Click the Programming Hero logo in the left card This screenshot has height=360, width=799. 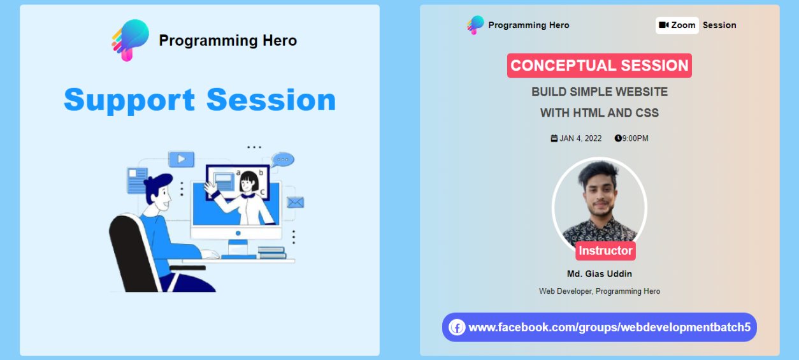tap(130, 40)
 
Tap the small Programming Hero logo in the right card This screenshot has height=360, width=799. tap(475, 25)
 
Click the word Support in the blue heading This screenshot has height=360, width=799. tap(129, 101)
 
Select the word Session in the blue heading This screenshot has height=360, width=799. tap(271, 100)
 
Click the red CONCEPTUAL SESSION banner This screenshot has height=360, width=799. tap(599, 66)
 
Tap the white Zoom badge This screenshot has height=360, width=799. tap(677, 25)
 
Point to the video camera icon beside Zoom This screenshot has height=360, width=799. tap(663, 25)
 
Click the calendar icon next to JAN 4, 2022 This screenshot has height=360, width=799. tap(554, 138)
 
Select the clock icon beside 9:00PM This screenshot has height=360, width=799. tap(618, 138)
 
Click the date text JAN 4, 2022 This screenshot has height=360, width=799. tap(580, 138)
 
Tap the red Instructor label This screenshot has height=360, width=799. tap(605, 250)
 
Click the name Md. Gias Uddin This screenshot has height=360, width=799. tap(599, 273)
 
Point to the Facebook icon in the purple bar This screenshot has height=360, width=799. tap(457, 327)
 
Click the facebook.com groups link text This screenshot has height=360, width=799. tap(609, 327)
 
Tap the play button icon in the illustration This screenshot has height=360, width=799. tap(182, 159)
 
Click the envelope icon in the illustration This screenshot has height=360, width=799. tap(296, 203)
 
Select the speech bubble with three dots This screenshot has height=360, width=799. tap(282, 160)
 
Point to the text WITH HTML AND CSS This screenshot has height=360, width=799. tap(599, 113)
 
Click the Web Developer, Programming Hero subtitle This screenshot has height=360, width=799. tap(599, 291)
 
